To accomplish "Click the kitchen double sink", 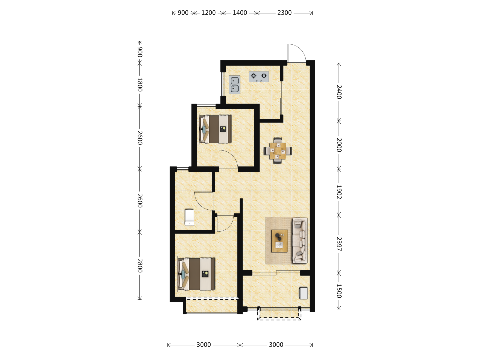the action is click(x=234, y=85).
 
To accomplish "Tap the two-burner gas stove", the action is click(x=258, y=77).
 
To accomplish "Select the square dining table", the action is click(x=278, y=151).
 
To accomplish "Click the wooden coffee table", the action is click(x=279, y=241).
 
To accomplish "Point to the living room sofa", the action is click(x=300, y=240).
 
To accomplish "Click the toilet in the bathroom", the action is click(x=189, y=217).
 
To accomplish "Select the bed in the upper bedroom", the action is click(x=215, y=129).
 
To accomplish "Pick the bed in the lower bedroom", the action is click(x=196, y=274).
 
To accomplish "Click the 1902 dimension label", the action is click(x=339, y=192).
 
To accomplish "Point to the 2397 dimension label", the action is click(x=339, y=244).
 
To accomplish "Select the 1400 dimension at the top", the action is click(x=240, y=13).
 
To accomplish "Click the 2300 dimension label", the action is click(x=284, y=13).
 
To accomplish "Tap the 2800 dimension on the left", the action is click(x=140, y=265).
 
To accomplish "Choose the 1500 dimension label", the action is click(x=339, y=291).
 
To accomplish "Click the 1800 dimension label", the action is click(x=140, y=85).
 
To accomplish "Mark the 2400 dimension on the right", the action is click(x=339, y=92).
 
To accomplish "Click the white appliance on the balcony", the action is click(x=303, y=293).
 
